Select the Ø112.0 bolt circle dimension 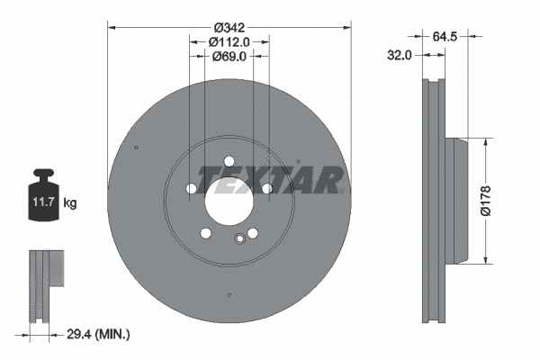pyautogui.click(x=228, y=42)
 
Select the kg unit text pyautogui.click(x=70, y=204)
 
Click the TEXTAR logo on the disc pyautogui.click(x=270, y=180)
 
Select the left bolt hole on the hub pyautogui.click(x=190, y=188)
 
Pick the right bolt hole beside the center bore pyautogui.click(x=267, y=188)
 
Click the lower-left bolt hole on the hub pyautogui.click(x=205, y=234)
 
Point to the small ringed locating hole pyautogui.click(x=239, y=238)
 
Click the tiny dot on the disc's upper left pyautogui.click(x=135, y=148)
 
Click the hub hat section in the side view pyautogui.click(x=457, y=200)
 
